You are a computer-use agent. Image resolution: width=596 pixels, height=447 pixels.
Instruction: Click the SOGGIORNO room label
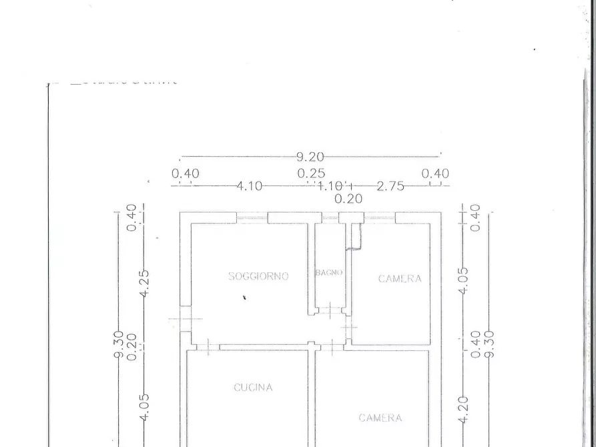click(258, 276)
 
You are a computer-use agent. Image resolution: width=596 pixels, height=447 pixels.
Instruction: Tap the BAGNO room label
click(329, 272)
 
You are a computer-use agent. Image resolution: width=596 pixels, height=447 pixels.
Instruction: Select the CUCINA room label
click(253, 387)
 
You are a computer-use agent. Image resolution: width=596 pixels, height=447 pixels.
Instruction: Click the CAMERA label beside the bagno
click(400, 279)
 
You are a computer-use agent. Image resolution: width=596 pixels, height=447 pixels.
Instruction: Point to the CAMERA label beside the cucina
click(380, 418)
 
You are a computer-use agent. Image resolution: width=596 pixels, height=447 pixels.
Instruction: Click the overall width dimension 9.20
click(310, 157)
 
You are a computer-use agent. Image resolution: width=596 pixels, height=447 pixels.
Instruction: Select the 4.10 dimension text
click(249, 186)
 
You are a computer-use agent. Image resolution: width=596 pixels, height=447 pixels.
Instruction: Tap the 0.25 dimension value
click(312, 173)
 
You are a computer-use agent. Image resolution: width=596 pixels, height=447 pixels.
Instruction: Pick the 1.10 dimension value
click(329, 186)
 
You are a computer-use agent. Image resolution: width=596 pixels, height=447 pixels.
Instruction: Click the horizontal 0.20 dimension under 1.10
click(348, 198)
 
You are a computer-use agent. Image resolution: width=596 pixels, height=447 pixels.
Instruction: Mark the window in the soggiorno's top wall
click(252, 217)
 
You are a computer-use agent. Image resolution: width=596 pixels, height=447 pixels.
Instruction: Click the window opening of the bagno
click(330, 217)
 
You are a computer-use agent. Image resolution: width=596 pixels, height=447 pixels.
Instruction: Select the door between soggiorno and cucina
click(208, 347)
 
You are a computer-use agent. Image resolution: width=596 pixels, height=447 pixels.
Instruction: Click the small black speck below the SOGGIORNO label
click(244, 298)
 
